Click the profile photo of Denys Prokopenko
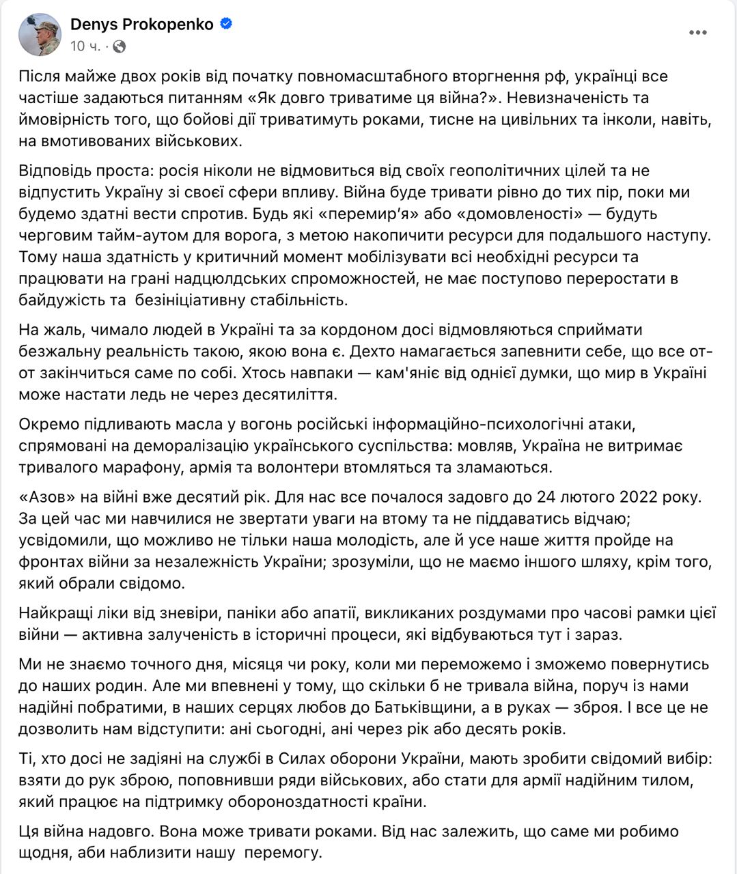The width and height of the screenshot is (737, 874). point(40,34)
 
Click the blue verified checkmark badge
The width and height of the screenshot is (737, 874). point(226,24)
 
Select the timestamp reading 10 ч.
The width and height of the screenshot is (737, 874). point(85,46)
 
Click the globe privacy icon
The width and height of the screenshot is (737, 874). point(119,46)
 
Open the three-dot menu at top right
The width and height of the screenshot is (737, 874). point(697,33)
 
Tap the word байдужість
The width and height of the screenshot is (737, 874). point(62,300)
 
